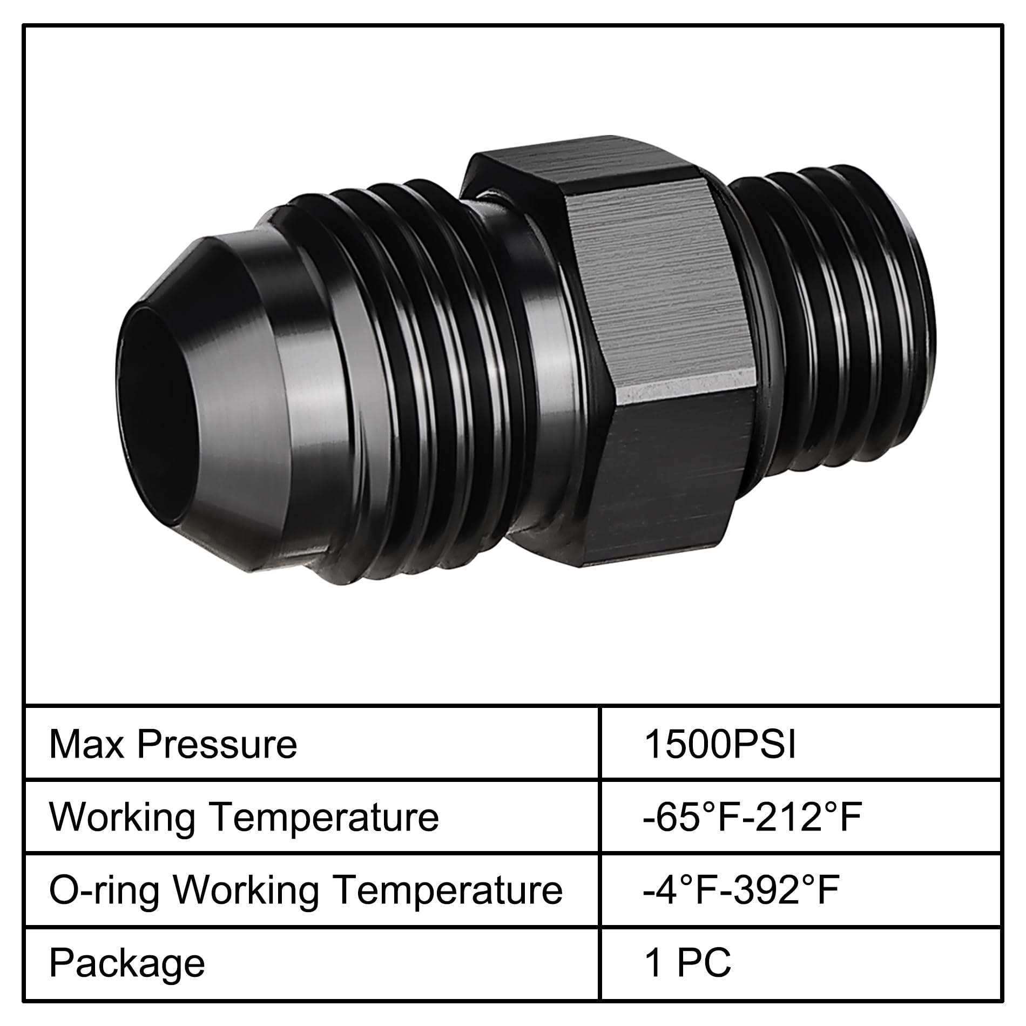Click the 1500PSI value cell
(x=720, y=745)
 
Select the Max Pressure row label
(x=173, y=745)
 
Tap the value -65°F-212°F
(x=752, y=817)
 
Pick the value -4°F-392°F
(x=740, y=890)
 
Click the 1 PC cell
(x=687, y=963)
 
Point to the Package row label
(x=127, y=964)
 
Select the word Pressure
(x=217, y=745)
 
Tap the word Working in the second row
(x=123, y=817)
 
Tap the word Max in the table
(x=86, y=745)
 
